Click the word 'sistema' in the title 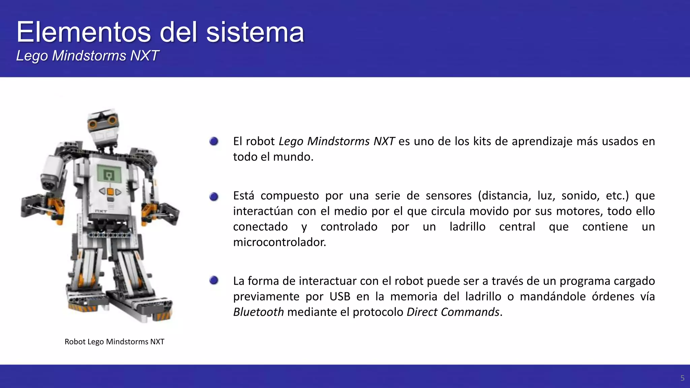pyautogui.click(x=255, y=32)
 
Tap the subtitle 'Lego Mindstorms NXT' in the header pyautogui.click(x=87, y=56)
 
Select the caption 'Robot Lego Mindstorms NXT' pyautogui.click(x=114, y=342)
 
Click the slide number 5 pyautogui.click(x=682, y=378)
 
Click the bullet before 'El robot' pyautogui.click(x=214, y=141)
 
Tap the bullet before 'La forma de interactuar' pyautogui.click(x=214, y=280)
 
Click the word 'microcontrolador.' pyautogui.click(x=279, y=242)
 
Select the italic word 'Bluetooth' pyautogui.click(x=258, y=312)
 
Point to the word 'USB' pyautogui.click(x=340, y=296)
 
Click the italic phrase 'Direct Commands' pyautogui.click(x=453, y=312)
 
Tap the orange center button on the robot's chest pyautogui.click(x=110, y=192)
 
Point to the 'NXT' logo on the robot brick pyautogui.click(x=101, y=212)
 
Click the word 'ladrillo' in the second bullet pyautogui.click(x=467, y=227)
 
